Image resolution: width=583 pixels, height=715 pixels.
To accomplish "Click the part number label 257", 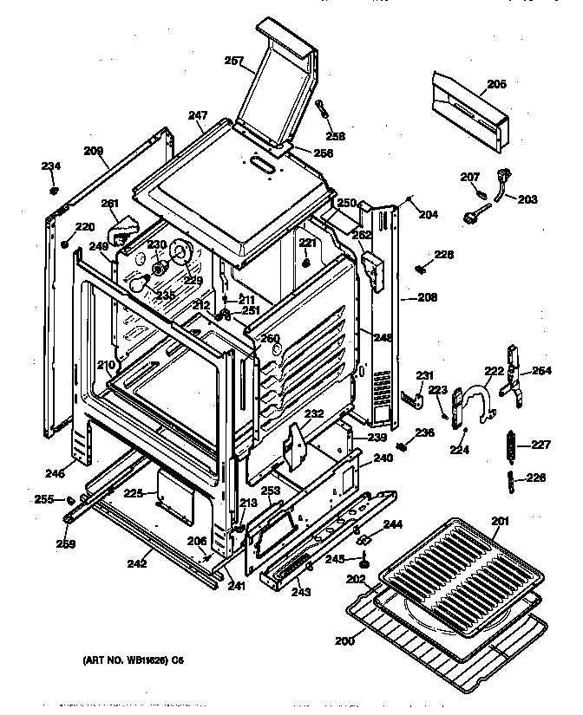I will (233, 61).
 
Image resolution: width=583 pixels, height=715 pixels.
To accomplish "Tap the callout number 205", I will (496, 84).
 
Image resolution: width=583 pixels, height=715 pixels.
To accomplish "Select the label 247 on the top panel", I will (198, 115).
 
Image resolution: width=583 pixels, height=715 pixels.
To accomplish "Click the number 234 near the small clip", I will (51, 166).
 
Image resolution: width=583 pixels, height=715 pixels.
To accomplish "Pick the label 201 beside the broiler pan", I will (501, 520).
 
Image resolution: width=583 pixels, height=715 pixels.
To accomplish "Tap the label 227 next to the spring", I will (541, 446).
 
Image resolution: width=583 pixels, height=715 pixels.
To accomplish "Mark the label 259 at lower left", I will (67, 544).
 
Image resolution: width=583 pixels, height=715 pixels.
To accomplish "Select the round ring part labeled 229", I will (181, 252).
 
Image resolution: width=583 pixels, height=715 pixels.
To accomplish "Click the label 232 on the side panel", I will (313, 414).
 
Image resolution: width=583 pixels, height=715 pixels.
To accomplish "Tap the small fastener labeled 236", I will (403, 447).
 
